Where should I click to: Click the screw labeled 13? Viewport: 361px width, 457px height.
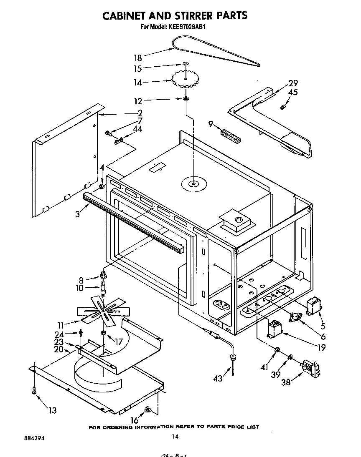(x=34, y=390)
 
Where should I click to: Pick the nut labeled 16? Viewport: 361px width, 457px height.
(x=147, y=411)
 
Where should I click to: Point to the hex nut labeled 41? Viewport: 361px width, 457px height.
(x=276, y=349)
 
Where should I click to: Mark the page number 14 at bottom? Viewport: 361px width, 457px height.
(x=175, y=437)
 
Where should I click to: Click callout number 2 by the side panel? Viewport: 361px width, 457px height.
(x=140, y=113)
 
